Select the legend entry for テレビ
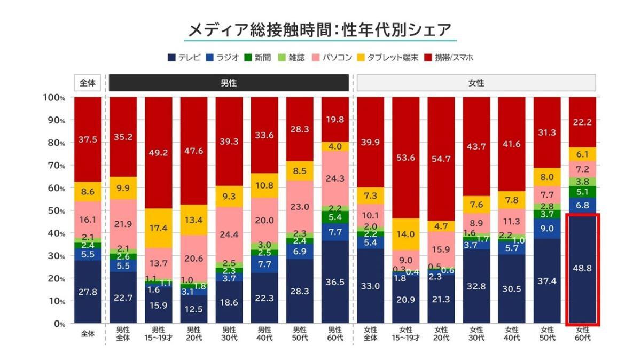coord(184,57)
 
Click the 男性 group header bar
coord(229,83)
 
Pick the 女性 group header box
coord(476,83)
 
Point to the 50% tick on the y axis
coord(54,210)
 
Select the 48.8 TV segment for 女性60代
coord(582,268)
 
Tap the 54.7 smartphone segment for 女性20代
coord(441,159)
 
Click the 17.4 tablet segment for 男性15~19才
coord(158,228)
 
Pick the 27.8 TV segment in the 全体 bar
coord(88,292)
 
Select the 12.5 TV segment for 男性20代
coord(193,309)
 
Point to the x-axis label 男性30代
coord(229,334)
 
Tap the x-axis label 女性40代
coord(512,334)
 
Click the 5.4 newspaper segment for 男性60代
coord(335,217)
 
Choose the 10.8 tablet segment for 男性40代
coord(264,185)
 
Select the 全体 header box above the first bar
coord(88,83)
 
